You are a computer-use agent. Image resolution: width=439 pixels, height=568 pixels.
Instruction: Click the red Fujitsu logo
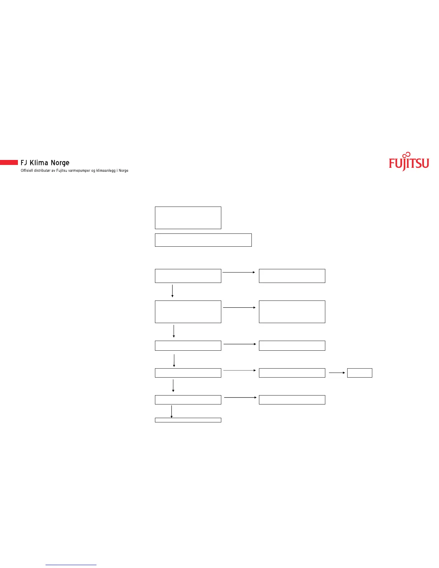point(409,164)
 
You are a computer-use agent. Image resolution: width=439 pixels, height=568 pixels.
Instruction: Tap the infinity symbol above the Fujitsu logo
point(406,155)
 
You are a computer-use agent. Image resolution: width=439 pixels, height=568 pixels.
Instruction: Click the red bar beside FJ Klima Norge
point(9,162)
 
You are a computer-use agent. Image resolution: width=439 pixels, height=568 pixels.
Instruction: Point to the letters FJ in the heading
point(24,163)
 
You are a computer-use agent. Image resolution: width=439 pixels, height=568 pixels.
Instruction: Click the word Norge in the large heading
point(60,163)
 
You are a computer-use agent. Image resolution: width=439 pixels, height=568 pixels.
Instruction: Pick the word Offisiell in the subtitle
point(27,171)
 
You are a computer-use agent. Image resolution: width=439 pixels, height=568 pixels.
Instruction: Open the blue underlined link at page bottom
point(71,565)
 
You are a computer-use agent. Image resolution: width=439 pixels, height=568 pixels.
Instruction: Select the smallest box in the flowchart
point(359,373)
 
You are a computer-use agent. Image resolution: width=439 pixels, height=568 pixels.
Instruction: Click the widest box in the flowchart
point(203,240)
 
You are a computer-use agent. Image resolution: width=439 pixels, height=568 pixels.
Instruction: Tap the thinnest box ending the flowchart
point(188,420)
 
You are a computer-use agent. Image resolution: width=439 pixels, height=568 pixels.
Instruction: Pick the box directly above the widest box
point(188,218)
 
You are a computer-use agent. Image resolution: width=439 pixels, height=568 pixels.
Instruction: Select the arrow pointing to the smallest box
point(337,373)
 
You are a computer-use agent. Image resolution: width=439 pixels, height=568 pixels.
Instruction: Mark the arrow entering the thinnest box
point(171,412)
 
